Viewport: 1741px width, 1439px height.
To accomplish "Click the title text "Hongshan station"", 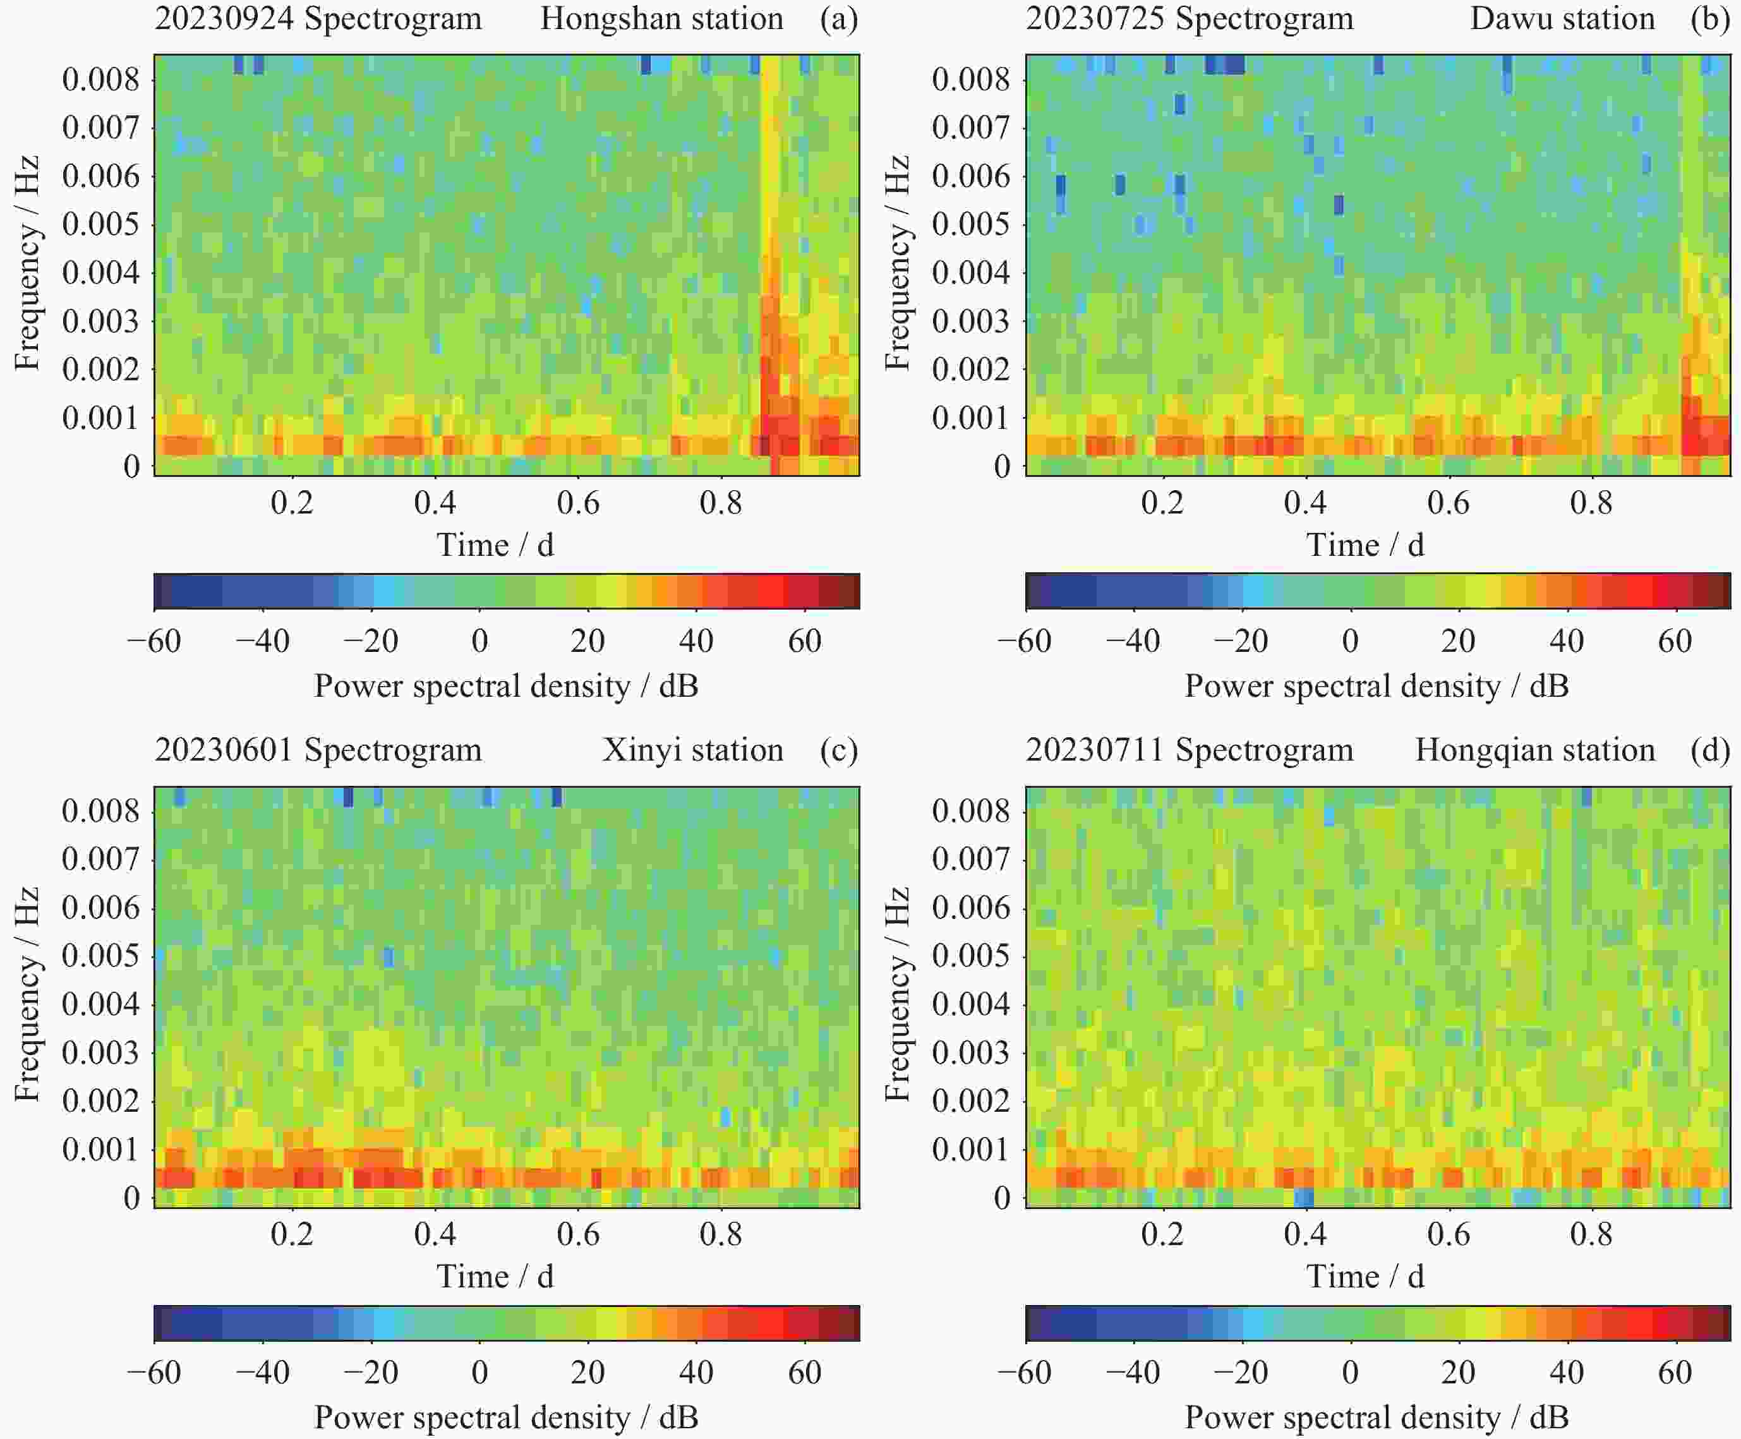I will pyautogui.click(x=661, y=18).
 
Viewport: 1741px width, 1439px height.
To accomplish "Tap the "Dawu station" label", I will pyautogui.click(x=1562, y=18).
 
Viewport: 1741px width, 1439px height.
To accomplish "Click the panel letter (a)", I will pyautogui.click(x=838, y=18).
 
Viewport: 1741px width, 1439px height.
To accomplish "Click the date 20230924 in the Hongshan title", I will pyautogui.click(x=224, y=18).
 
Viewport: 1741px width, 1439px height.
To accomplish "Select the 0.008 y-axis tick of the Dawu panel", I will pyautogui.click(x=971, y=80).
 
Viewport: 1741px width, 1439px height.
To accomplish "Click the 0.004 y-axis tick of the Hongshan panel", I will pyautogui.click(x=101, y=273).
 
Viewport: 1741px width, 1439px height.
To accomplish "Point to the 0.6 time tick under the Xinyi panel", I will pyautogui.click(x=578, y=1234).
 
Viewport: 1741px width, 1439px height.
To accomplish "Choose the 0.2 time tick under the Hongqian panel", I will pyautogui.click(x=1162, y=1234).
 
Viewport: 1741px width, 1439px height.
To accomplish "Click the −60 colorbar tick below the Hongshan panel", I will pyautogui.click(x=154, y=641).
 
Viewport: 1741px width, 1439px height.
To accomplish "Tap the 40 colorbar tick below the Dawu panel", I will pyautogui.click(x=1566, y=641).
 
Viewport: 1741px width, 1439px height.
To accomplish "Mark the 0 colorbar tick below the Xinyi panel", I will pyautogui.click(x=479, y=1373).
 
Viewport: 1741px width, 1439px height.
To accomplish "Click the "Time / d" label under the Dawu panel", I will pyautogui.click(x=1365, y=545).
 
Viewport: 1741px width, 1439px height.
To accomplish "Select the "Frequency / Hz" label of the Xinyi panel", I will pyautogui.click(x=27, y=995).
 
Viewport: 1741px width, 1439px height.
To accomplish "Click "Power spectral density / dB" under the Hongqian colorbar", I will pyautogui.click(x=1377, y=1418).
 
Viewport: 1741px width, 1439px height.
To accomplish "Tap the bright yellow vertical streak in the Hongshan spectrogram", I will pyautogui.click(x=770, y=166).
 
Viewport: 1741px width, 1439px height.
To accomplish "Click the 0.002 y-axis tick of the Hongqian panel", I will pyautogui.click(x=971, y=1101).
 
